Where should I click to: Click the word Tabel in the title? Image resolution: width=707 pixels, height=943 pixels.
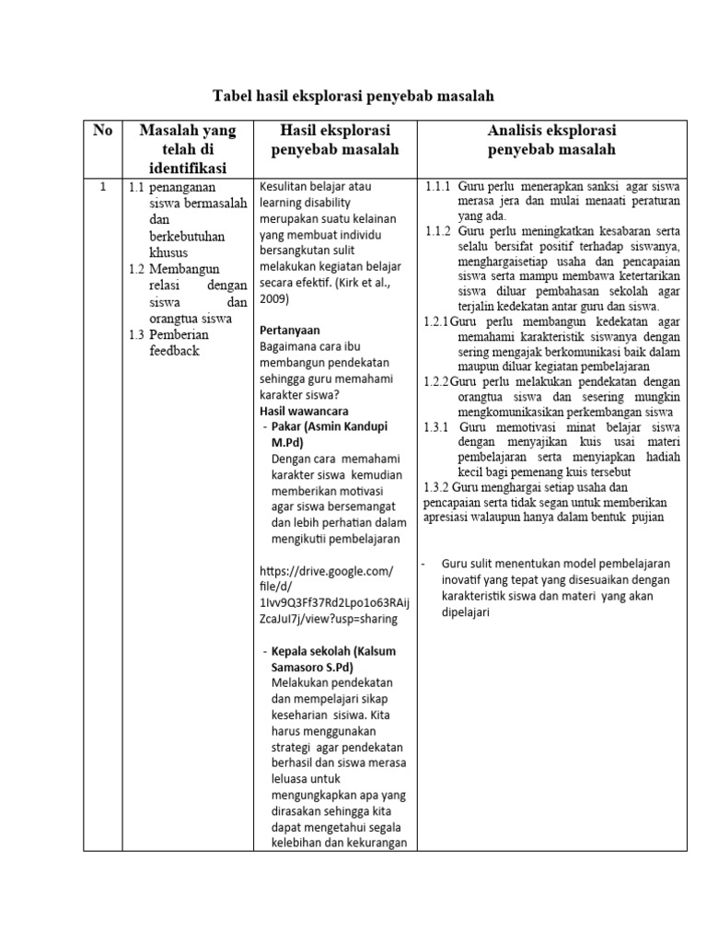click(x=234, y=96)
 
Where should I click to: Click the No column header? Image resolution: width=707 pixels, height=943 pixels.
click(x=102, y=131)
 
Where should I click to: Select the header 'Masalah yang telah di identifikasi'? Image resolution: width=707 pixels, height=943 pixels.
click(x=187, y=149)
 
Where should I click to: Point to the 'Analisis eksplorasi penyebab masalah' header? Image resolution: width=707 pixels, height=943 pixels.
click(x=551, y=140)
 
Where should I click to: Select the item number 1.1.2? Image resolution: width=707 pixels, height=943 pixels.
click(x=437, y=231)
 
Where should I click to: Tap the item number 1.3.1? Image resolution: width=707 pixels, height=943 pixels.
click(x=435, y=427)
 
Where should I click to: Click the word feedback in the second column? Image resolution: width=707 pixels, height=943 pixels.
click(x=174, y=351)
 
